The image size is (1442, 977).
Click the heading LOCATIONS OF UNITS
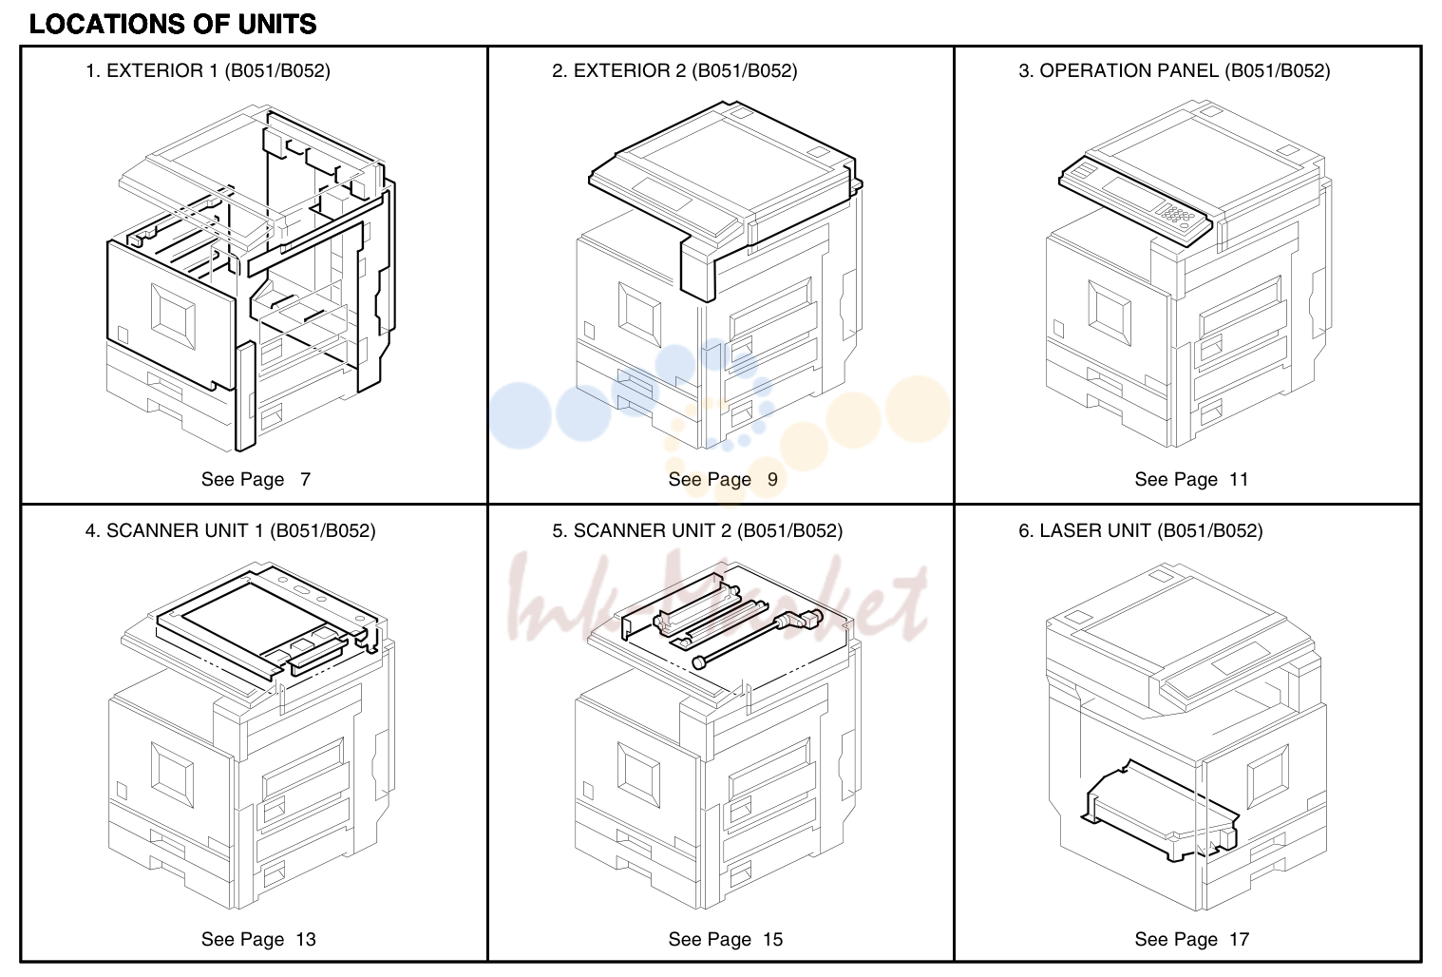point(173,25)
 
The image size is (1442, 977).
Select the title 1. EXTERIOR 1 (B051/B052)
point(208,71)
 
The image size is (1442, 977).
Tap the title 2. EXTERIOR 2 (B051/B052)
point(674,71)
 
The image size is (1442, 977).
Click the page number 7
point(305,479)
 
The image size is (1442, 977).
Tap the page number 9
point(772,479)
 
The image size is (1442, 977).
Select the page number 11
point(1239,479)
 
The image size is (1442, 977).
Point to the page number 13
point(306,939)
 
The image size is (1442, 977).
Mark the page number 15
point(772,939)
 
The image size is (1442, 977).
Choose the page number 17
point(1239,939)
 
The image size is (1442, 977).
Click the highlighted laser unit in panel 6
point(1159,812)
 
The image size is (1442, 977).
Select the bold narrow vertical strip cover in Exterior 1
point(245,396)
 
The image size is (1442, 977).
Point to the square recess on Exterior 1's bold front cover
point(173,316)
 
